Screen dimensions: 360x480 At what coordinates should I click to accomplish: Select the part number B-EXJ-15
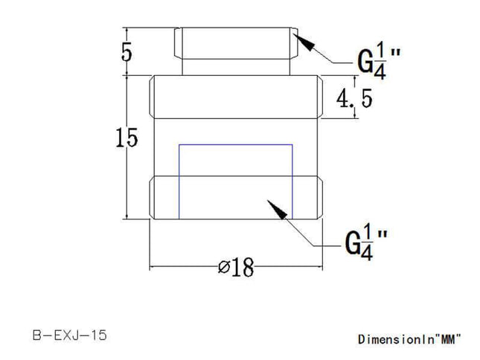point(70,335)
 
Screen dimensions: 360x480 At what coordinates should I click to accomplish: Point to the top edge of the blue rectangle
point(235,144)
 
